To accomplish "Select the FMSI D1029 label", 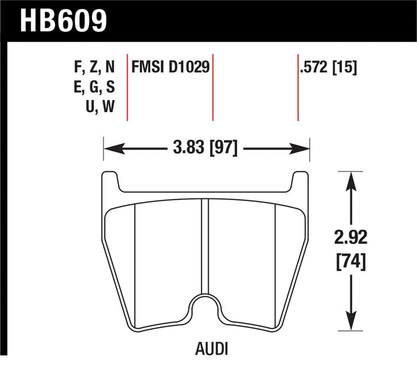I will click(x=170, y=68).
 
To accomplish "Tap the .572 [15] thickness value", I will click(x=328, y=68).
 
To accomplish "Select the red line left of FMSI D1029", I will click(x=128, y=86).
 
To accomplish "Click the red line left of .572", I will click(x=298, y=86).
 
